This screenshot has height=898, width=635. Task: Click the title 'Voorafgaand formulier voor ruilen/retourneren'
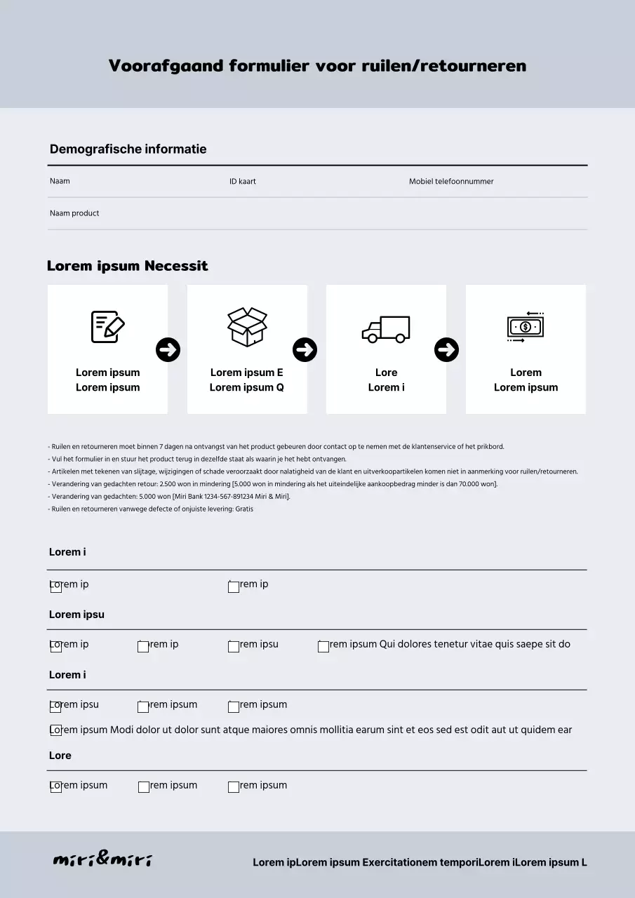click(x=317, y=66)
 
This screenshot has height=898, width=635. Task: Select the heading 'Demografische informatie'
click(x=128, y=149)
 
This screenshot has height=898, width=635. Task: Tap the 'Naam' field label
click(x=60, y=181)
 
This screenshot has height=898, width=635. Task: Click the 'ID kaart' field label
click(x=243, y=181)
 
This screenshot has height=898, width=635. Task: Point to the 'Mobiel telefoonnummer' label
click(x=451, y=181)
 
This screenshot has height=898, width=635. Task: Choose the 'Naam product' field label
click(x=74, y=213)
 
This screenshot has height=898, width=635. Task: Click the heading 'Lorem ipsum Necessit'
click(x=127, y=266)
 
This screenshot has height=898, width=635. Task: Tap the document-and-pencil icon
click(x=107, y=327)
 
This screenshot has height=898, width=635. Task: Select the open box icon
click(x=247, y=327)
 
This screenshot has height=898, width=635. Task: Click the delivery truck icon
click(x=386, y=328)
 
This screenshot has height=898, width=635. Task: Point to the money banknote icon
click(x=526, y=327)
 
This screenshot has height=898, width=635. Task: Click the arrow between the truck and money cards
click(x=447, y=349)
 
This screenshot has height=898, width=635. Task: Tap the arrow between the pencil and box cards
click(x=168, y=349)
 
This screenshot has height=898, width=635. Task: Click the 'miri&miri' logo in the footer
click(x=102, y=860)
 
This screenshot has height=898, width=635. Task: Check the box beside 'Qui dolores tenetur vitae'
click(x=323, y=647)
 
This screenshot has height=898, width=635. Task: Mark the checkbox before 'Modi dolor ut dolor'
click(x=56, y=730)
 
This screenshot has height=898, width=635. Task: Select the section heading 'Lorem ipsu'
click(x=76, y=615)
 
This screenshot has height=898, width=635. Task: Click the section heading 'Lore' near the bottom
click(x=60, y=756)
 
